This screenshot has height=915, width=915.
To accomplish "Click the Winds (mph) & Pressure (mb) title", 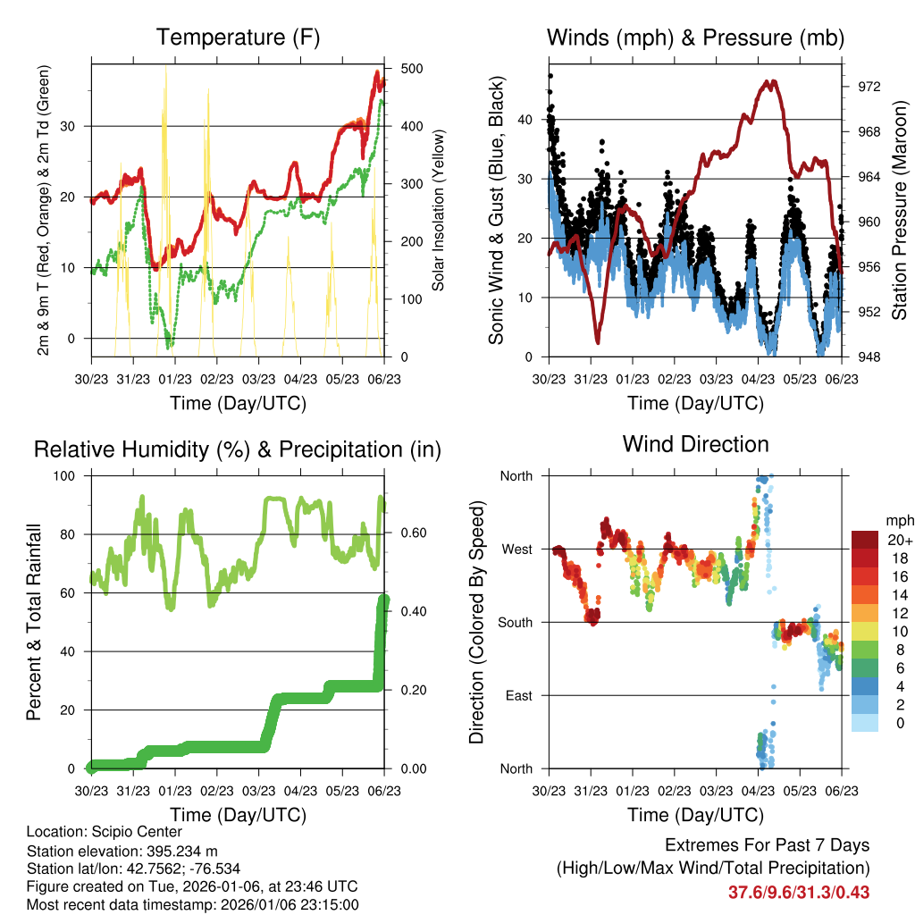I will point(695,38).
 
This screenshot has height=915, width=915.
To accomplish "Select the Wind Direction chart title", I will point(695,443).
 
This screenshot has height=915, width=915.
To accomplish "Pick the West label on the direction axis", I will point(516,549).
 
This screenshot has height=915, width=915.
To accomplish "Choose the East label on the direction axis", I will point(518,695).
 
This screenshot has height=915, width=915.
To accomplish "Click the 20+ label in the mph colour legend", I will point(897,540).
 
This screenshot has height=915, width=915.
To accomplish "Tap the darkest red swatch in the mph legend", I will point(866,540).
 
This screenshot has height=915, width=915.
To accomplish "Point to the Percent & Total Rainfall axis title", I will point(33,622).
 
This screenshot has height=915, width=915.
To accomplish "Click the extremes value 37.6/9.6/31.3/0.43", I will point(799,892).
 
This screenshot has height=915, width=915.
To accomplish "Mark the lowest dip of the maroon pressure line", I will point(597,341).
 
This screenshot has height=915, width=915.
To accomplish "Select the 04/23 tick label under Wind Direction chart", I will point(758,791).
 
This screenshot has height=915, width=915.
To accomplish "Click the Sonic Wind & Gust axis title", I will point(497,212).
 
